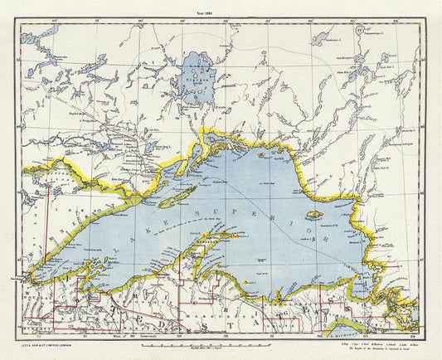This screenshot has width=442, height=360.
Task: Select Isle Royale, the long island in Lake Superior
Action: (x=176, y=197)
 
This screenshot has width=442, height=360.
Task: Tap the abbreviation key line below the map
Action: (x=365, y=341)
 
